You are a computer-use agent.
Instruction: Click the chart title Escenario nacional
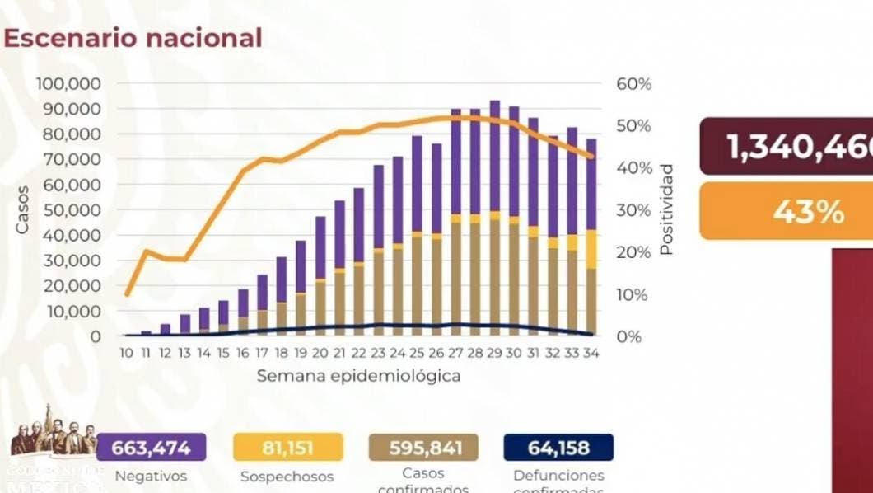[x=133, y=38]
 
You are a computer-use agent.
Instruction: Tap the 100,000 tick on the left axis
[x=68, y=84]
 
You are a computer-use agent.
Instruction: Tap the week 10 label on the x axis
[x=126, y=353]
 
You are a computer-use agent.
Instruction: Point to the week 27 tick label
[x=455, y=353]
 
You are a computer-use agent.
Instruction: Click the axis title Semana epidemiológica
[x=358, y=376]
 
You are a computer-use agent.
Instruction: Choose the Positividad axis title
[x=667, y=209]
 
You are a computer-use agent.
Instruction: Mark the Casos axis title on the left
[x=22, y=209]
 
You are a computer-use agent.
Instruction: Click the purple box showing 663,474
[x=152, y=448]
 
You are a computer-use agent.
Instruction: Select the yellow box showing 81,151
[x=287, y=448]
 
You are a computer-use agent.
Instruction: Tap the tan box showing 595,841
[x=423, y=448]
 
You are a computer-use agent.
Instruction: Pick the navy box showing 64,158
[x=558, y=448]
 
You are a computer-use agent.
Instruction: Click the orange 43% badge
[x=787, y=211]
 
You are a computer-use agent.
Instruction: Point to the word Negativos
[x=151, y=476]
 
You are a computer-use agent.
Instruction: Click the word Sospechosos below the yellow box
[x=287, y=477]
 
